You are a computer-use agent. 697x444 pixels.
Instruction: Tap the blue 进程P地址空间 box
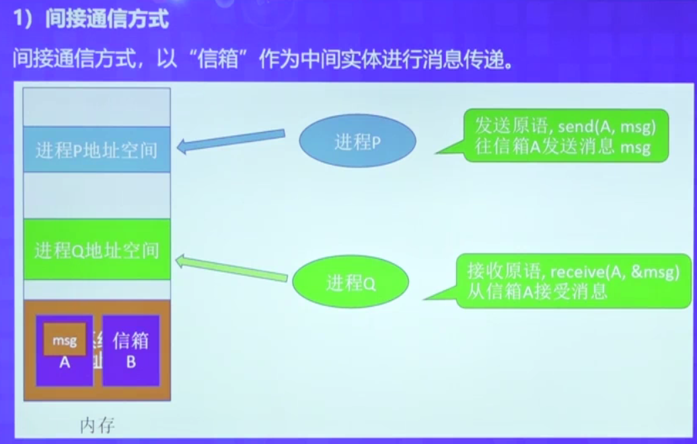(96, 149)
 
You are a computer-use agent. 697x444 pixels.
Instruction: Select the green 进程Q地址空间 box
(96, 250)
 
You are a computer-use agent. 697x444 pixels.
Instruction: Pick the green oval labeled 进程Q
(351, 283)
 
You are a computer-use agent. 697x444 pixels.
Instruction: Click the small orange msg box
(64, 340)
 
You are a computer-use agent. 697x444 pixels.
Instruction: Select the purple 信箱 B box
(131, 350)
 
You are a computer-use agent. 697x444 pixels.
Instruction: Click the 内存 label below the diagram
(98, 425)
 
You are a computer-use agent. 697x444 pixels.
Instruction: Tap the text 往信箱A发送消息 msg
(562, 147)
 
